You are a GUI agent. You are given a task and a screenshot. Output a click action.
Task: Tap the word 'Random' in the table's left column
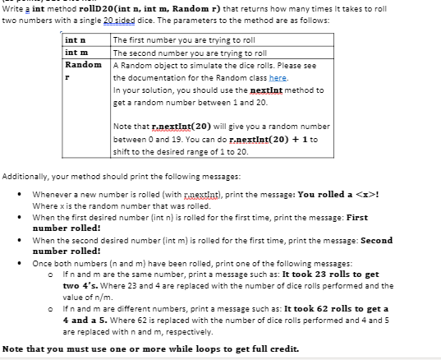click(83, 63)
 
